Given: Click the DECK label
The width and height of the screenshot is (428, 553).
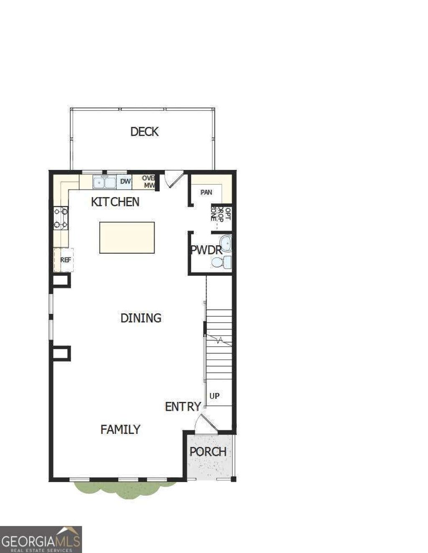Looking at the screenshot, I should tap(145, 131).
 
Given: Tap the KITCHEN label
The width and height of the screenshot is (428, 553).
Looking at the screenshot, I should tap(115, 202).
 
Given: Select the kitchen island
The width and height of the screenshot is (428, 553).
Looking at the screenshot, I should tap(127, 237).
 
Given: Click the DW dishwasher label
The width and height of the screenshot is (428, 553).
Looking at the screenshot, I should tap(125, 182).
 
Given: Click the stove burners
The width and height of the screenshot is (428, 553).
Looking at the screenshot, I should tap(61, 218).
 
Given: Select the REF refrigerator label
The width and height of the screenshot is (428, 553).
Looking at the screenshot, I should tap(66, 260).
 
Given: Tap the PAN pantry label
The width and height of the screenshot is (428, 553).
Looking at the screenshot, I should tap(206, 192).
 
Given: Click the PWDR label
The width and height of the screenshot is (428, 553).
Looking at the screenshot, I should tap(206, 250).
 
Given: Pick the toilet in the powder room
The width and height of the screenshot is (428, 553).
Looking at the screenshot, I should tap(222, 262).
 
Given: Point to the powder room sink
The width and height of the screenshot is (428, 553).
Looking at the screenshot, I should tap(226, 242).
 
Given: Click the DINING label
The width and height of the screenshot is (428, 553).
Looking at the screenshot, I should tap(141, 318).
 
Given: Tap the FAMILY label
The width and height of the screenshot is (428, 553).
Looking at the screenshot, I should tap(120, 429).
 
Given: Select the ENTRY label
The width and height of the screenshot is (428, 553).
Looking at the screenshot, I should tap(183, 407).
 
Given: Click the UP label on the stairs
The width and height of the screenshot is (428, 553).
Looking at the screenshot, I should tap(214, 396).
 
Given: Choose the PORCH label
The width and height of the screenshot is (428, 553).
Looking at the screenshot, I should tap(208, 452).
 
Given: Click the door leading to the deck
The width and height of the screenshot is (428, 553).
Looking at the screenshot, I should tap(173, 179).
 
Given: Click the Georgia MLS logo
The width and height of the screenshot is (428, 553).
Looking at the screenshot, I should tap(41, 539).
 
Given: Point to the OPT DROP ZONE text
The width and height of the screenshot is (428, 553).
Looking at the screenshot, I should tap(220, 213).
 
